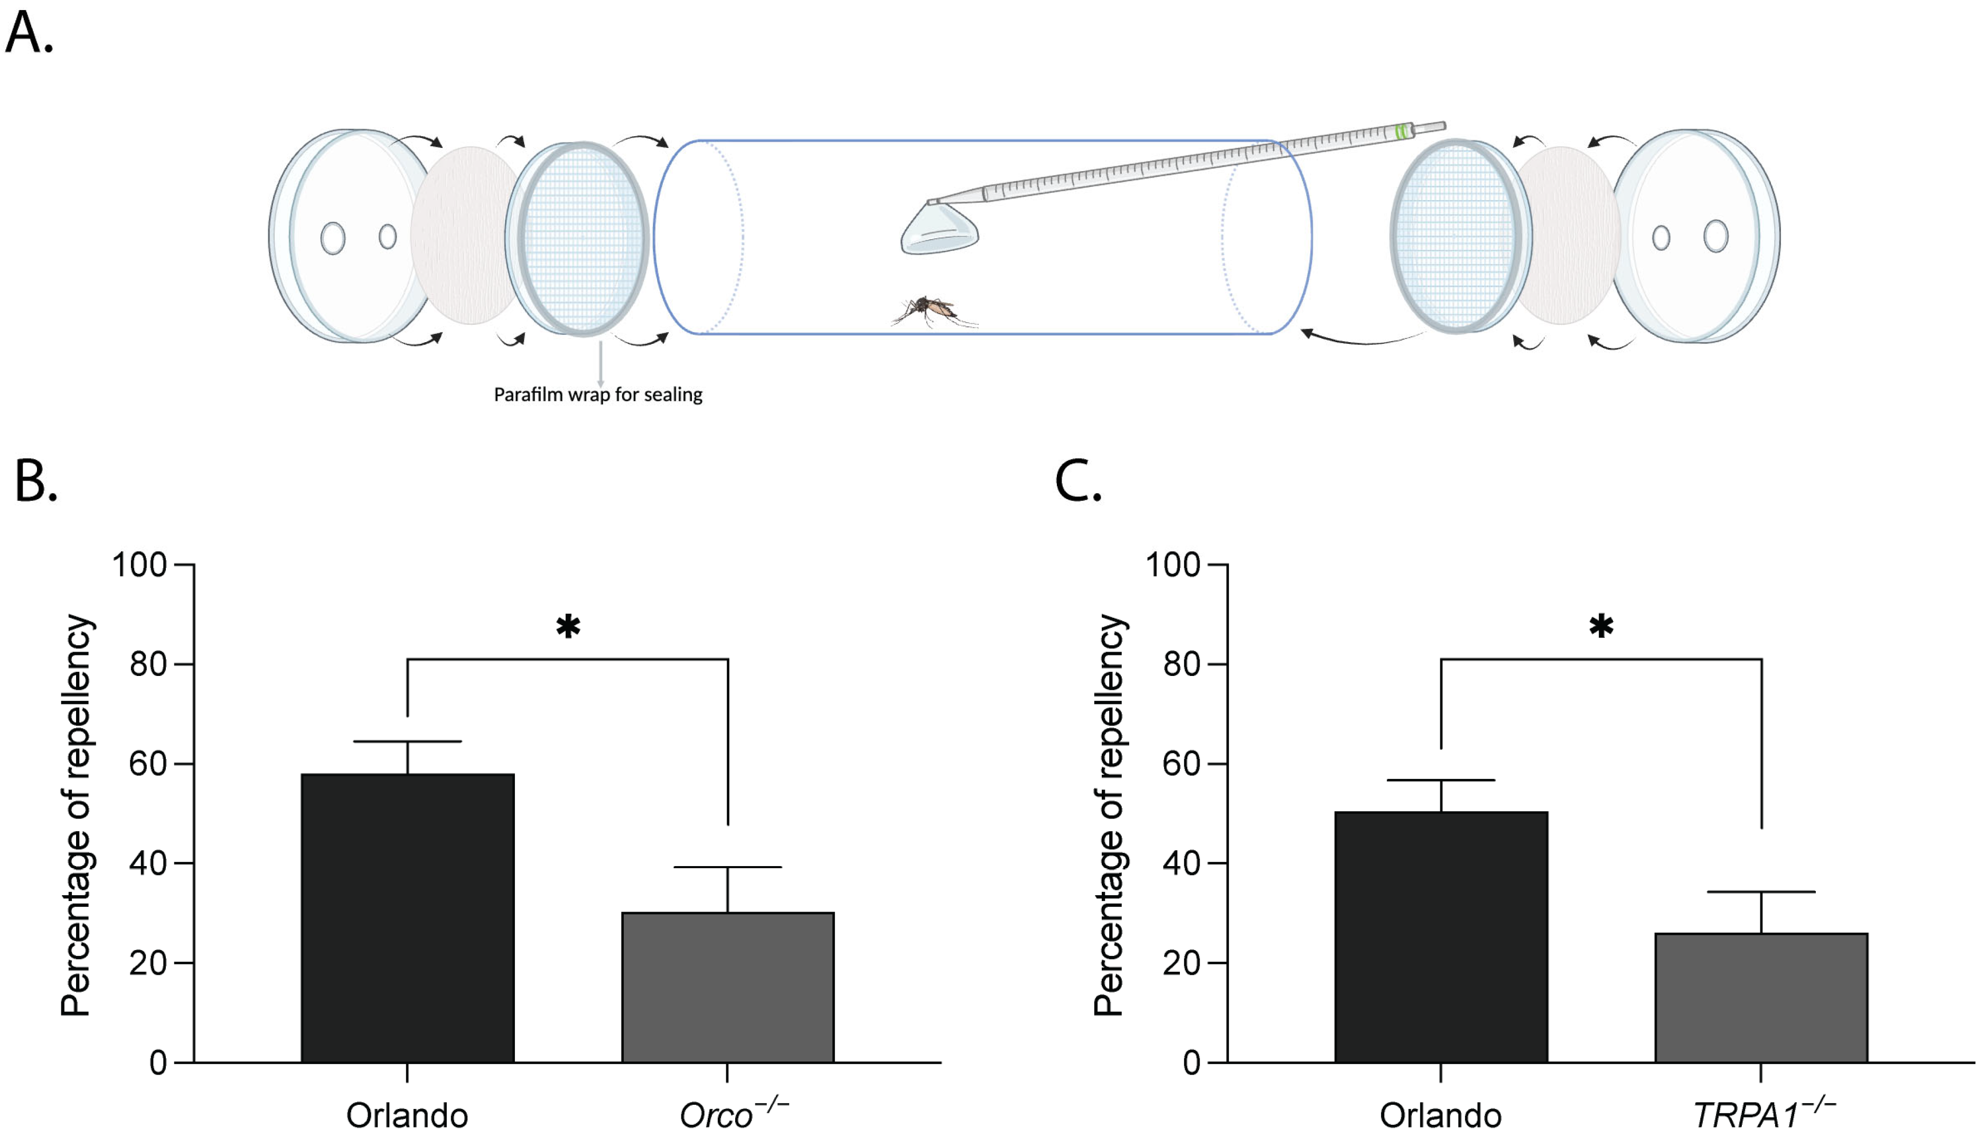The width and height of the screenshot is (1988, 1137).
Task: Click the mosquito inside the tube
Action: click(x=933, y=311)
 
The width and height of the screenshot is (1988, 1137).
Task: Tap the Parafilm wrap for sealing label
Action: click(x=598, y=395)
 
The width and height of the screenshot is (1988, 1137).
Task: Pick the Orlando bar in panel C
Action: click(x=1441, y=937)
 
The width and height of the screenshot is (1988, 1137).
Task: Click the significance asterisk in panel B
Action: click(x=568, y=627)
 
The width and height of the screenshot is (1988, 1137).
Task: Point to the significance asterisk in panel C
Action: click(x=1601, y=627)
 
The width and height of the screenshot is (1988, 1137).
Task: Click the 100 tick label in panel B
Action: click(x=140, y=565)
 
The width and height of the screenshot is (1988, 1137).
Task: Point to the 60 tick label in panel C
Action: click(x=1180, y=764)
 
